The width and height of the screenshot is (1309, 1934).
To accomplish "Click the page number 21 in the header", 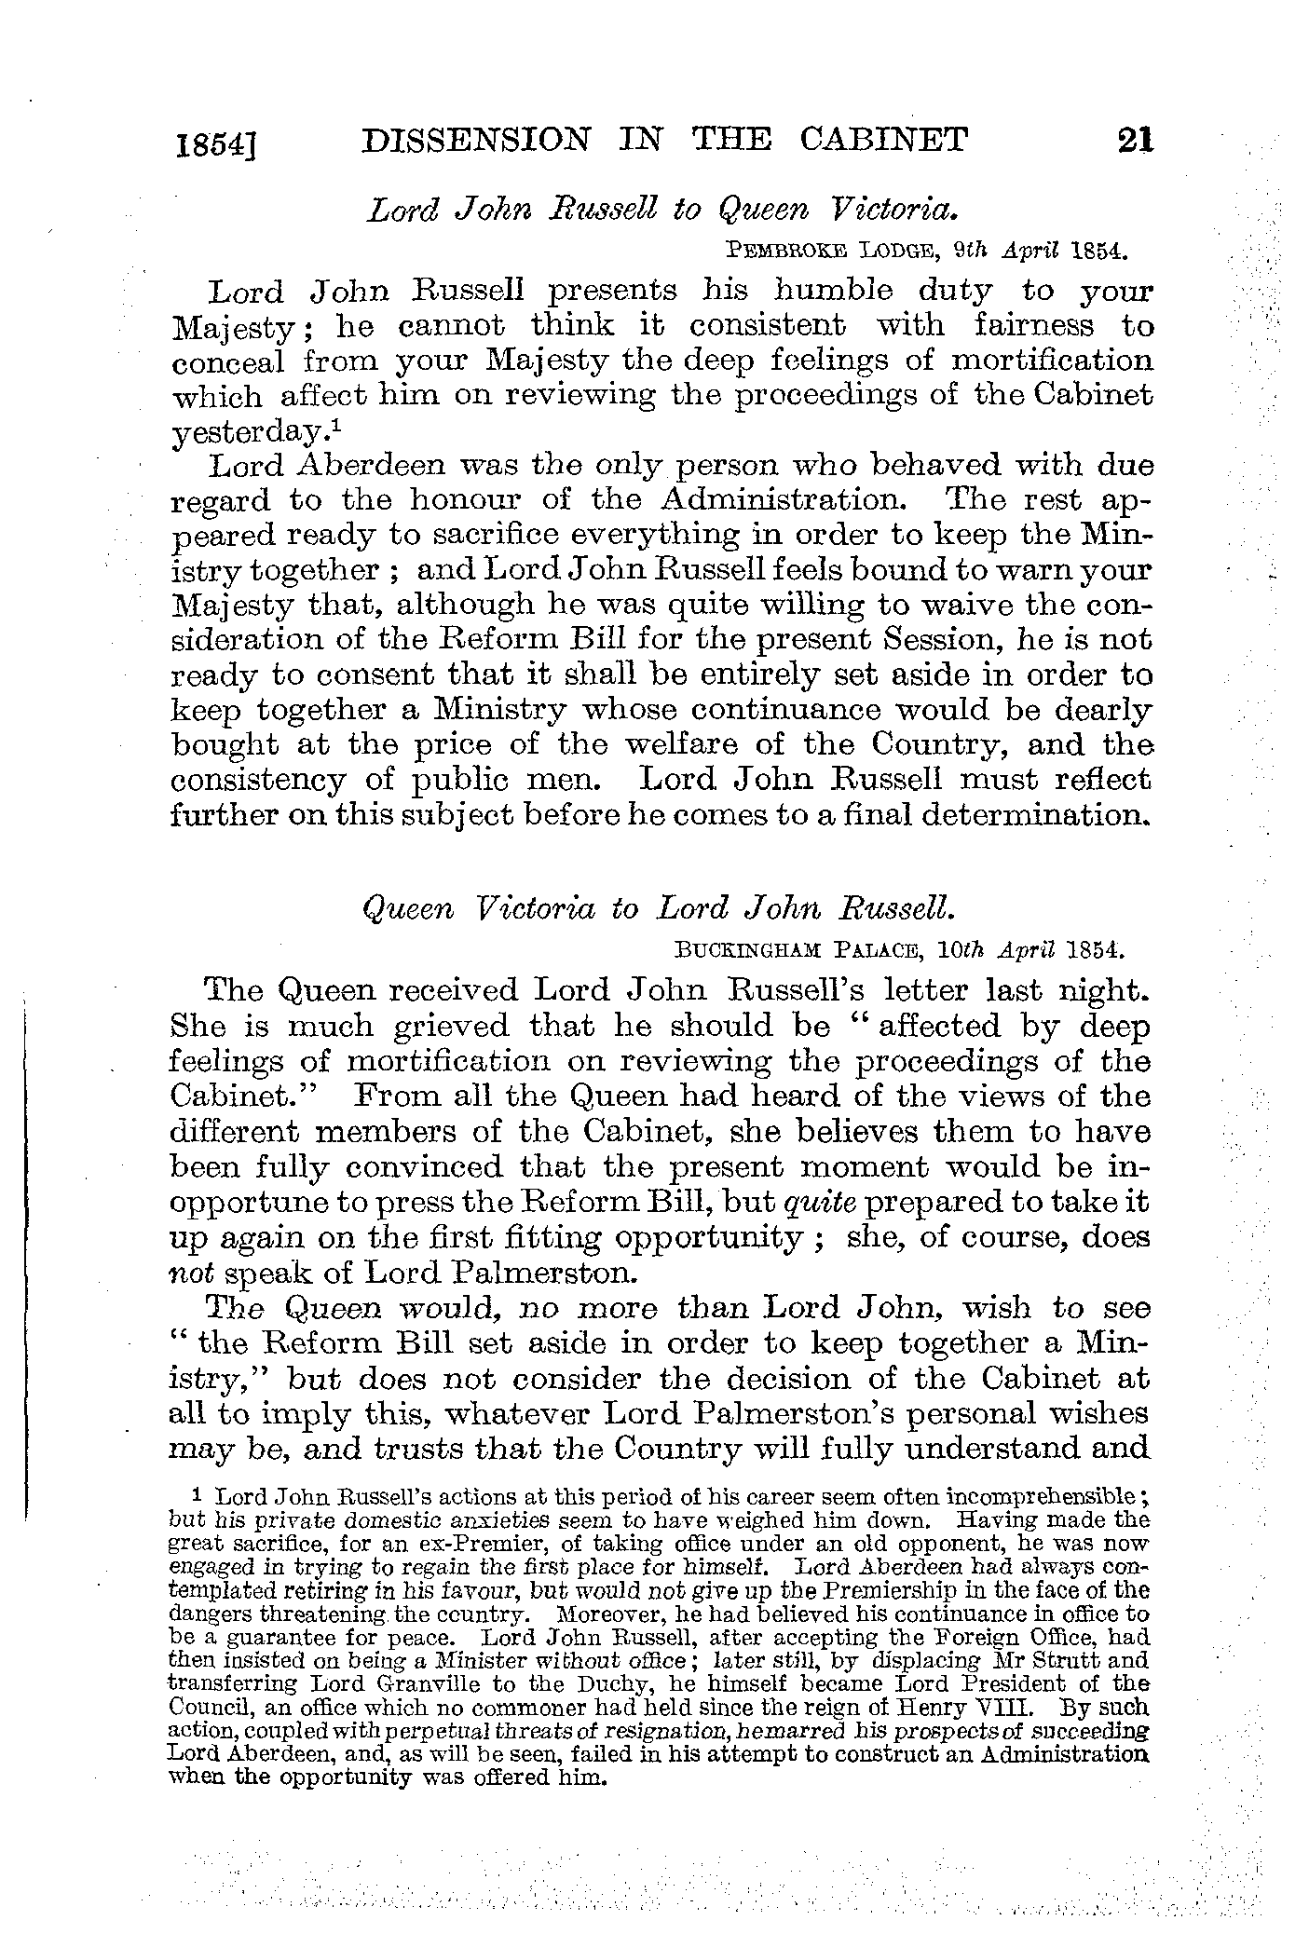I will (x=1136, y=141).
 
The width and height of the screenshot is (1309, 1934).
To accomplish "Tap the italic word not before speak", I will (x=188, y=1273).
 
